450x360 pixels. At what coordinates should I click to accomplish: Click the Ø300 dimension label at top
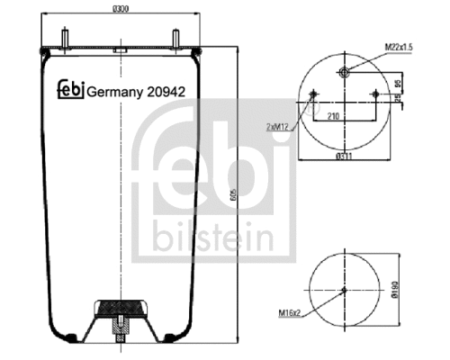point(121,9)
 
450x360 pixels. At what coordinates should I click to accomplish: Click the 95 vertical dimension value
point(398,85)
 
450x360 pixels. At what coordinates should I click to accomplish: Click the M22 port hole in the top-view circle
point(345,72)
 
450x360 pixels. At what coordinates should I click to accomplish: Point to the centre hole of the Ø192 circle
point(345,290)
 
